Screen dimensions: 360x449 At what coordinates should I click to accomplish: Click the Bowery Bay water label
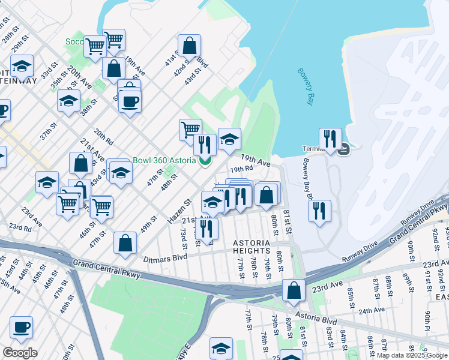[306, 87]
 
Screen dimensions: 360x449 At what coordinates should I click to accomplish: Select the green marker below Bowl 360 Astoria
[205, 160]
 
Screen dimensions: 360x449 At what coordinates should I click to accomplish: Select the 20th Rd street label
[104, 139]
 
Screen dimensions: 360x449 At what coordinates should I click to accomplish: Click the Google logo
[20, 353]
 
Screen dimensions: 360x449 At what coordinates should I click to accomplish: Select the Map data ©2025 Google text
[412, 355]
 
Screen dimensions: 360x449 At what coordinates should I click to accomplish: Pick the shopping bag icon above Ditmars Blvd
[125, 243]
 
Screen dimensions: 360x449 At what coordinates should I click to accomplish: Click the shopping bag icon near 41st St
[189, 46]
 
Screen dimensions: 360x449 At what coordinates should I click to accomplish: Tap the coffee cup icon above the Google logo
[22, 328]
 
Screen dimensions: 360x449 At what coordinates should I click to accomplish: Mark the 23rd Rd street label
[20, 227]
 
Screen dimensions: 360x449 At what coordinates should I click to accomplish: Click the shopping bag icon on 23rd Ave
[294, 290]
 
